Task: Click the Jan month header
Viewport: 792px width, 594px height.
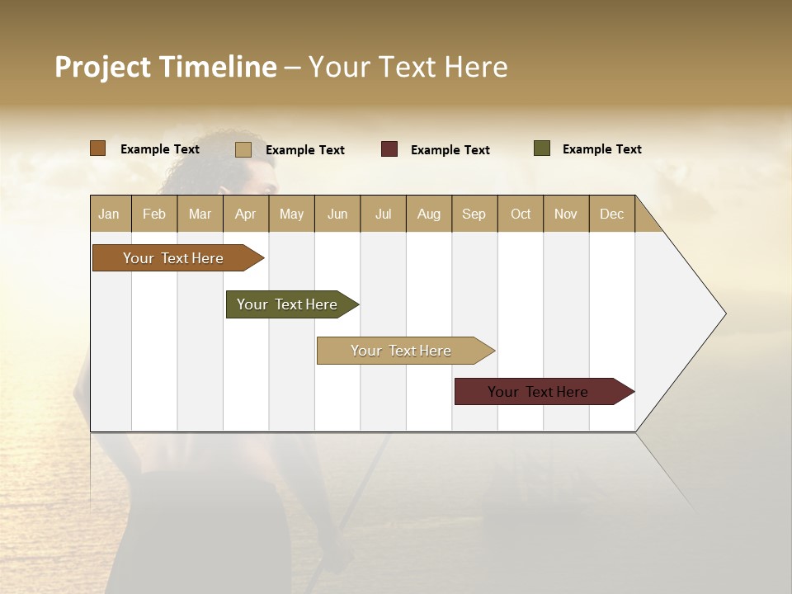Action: click(x=110, y=214)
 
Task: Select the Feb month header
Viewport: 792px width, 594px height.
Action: click(x=154, y=214)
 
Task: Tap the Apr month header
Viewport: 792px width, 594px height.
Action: click(x=246, y=214)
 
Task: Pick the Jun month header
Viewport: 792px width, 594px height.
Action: click(x=337, y=214)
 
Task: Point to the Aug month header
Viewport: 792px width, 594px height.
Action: click(x=429, y=214)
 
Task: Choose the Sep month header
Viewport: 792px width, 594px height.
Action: click(x=474, y=214)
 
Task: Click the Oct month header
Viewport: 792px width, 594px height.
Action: click(x=521, y=214)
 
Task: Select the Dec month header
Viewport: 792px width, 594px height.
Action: click(x=612, y=214)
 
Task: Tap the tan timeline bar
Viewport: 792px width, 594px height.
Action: click(x=402, y=351)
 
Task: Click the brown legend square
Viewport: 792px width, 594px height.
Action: click(x=98, y=148)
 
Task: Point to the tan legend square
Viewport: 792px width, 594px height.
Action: click(x=243, y=149)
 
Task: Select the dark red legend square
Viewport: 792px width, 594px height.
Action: click(x=389, y=149)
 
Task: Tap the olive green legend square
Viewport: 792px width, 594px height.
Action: click(x=542, y=148)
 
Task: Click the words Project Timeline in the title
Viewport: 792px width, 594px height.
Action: click(x=166, y=67)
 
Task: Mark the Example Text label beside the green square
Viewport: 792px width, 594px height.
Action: click(x=601, y=149)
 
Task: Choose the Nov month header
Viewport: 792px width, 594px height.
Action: click(x=566, y=214)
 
